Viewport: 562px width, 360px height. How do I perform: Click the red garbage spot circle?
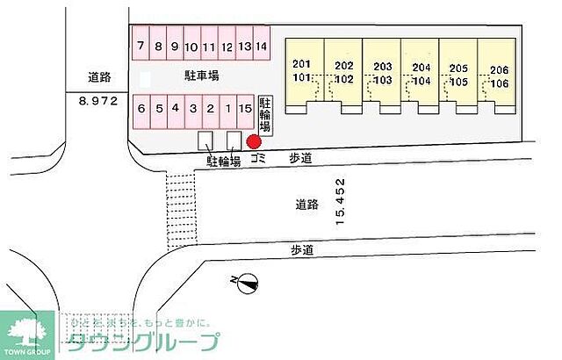(x=254, y=142)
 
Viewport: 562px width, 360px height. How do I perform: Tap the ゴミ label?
(x=258, y=160)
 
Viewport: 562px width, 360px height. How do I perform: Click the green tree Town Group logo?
(x=26, y=333)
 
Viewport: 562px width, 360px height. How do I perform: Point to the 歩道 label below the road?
(x=302, y=249)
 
